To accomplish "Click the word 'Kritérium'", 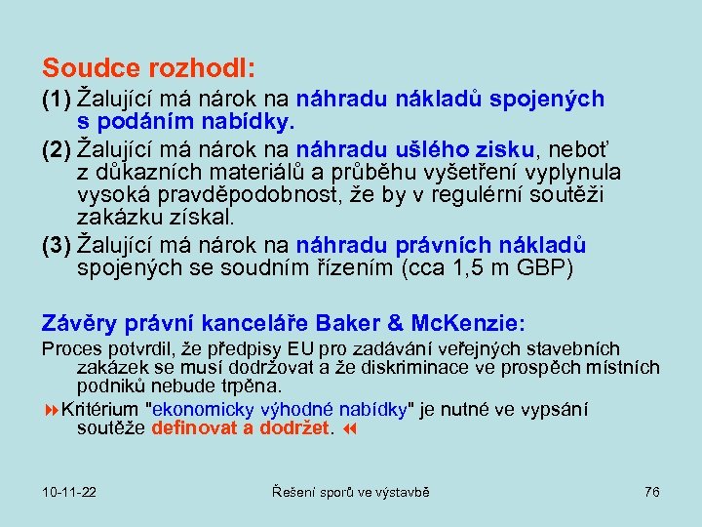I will click(x=100, y=408).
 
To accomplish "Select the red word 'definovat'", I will click(x=190, y=426).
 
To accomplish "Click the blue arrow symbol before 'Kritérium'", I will click(x=51, y=408).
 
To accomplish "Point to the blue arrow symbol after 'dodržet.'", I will click(x=351, y=426).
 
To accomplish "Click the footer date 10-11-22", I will click(x=70, y=492).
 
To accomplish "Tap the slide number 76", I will click(x=652, y=492).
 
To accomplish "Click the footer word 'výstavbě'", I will click(x=398, y=492).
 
